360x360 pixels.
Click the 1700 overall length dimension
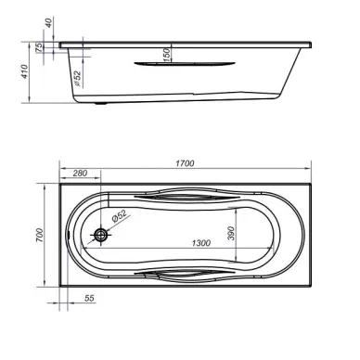pos(185,163)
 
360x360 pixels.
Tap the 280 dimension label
pos(80,174)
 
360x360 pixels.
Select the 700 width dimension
pos(39,235)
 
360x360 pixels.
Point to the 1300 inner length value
pos(201,243)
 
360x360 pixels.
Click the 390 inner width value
pos(231,233)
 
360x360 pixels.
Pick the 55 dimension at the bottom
pos(89,299)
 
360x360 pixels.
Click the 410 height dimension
pos(25,71)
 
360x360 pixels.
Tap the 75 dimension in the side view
pos(39,47)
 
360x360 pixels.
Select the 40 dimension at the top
pos(49,22)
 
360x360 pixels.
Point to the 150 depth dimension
pos(166,55)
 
